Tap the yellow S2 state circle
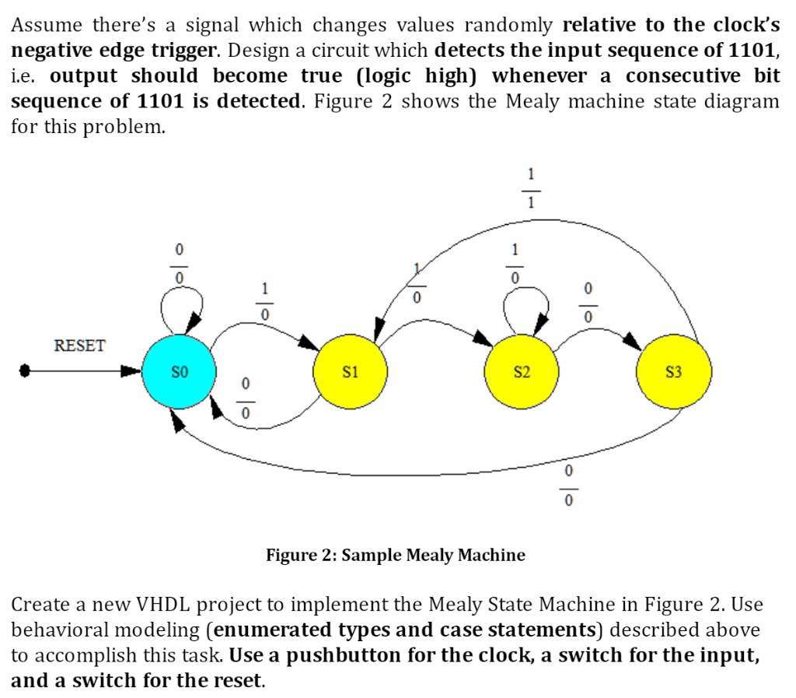(522, 373)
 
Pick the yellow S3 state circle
(673, 373)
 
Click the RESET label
(79, 345)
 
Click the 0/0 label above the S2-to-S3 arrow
(588, 303)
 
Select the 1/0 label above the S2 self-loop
(513, 264)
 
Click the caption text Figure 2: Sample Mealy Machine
(396, 555)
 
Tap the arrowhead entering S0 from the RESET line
(130, 373)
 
